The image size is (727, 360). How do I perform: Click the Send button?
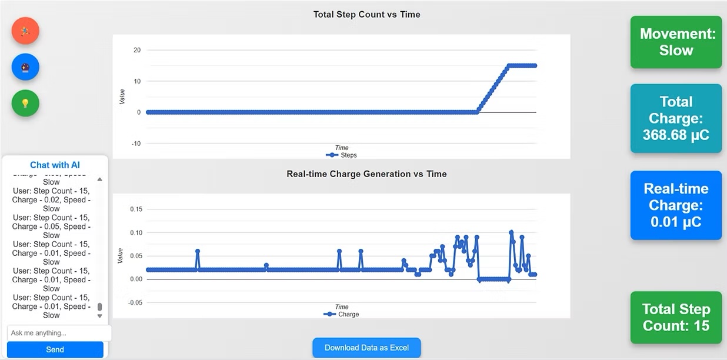coord(55,349)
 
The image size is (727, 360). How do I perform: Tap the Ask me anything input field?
coord(59,333)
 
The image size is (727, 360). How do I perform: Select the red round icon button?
coord(25,31)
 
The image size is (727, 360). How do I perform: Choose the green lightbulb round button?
coord(25,103)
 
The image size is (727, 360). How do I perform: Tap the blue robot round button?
coord(25,67)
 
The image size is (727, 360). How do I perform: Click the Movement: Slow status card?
coord(676,42)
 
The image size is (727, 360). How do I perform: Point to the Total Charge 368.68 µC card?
coord(676,118)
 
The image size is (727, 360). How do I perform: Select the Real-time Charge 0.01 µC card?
coord(676,205)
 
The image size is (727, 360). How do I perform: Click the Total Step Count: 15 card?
coord(676,318)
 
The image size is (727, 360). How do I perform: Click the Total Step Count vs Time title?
coord(366,14)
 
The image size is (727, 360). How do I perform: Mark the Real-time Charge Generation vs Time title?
coord(366,174)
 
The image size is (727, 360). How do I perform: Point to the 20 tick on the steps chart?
coord(137,50)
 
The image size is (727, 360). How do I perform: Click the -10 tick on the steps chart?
coord(136,144)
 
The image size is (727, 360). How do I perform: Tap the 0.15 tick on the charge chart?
coord(136,209)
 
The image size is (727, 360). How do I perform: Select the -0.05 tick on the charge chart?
coord(135,303)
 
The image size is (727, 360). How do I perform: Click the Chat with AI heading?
coord(55,165)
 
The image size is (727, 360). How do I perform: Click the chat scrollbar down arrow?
coord(99,316)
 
